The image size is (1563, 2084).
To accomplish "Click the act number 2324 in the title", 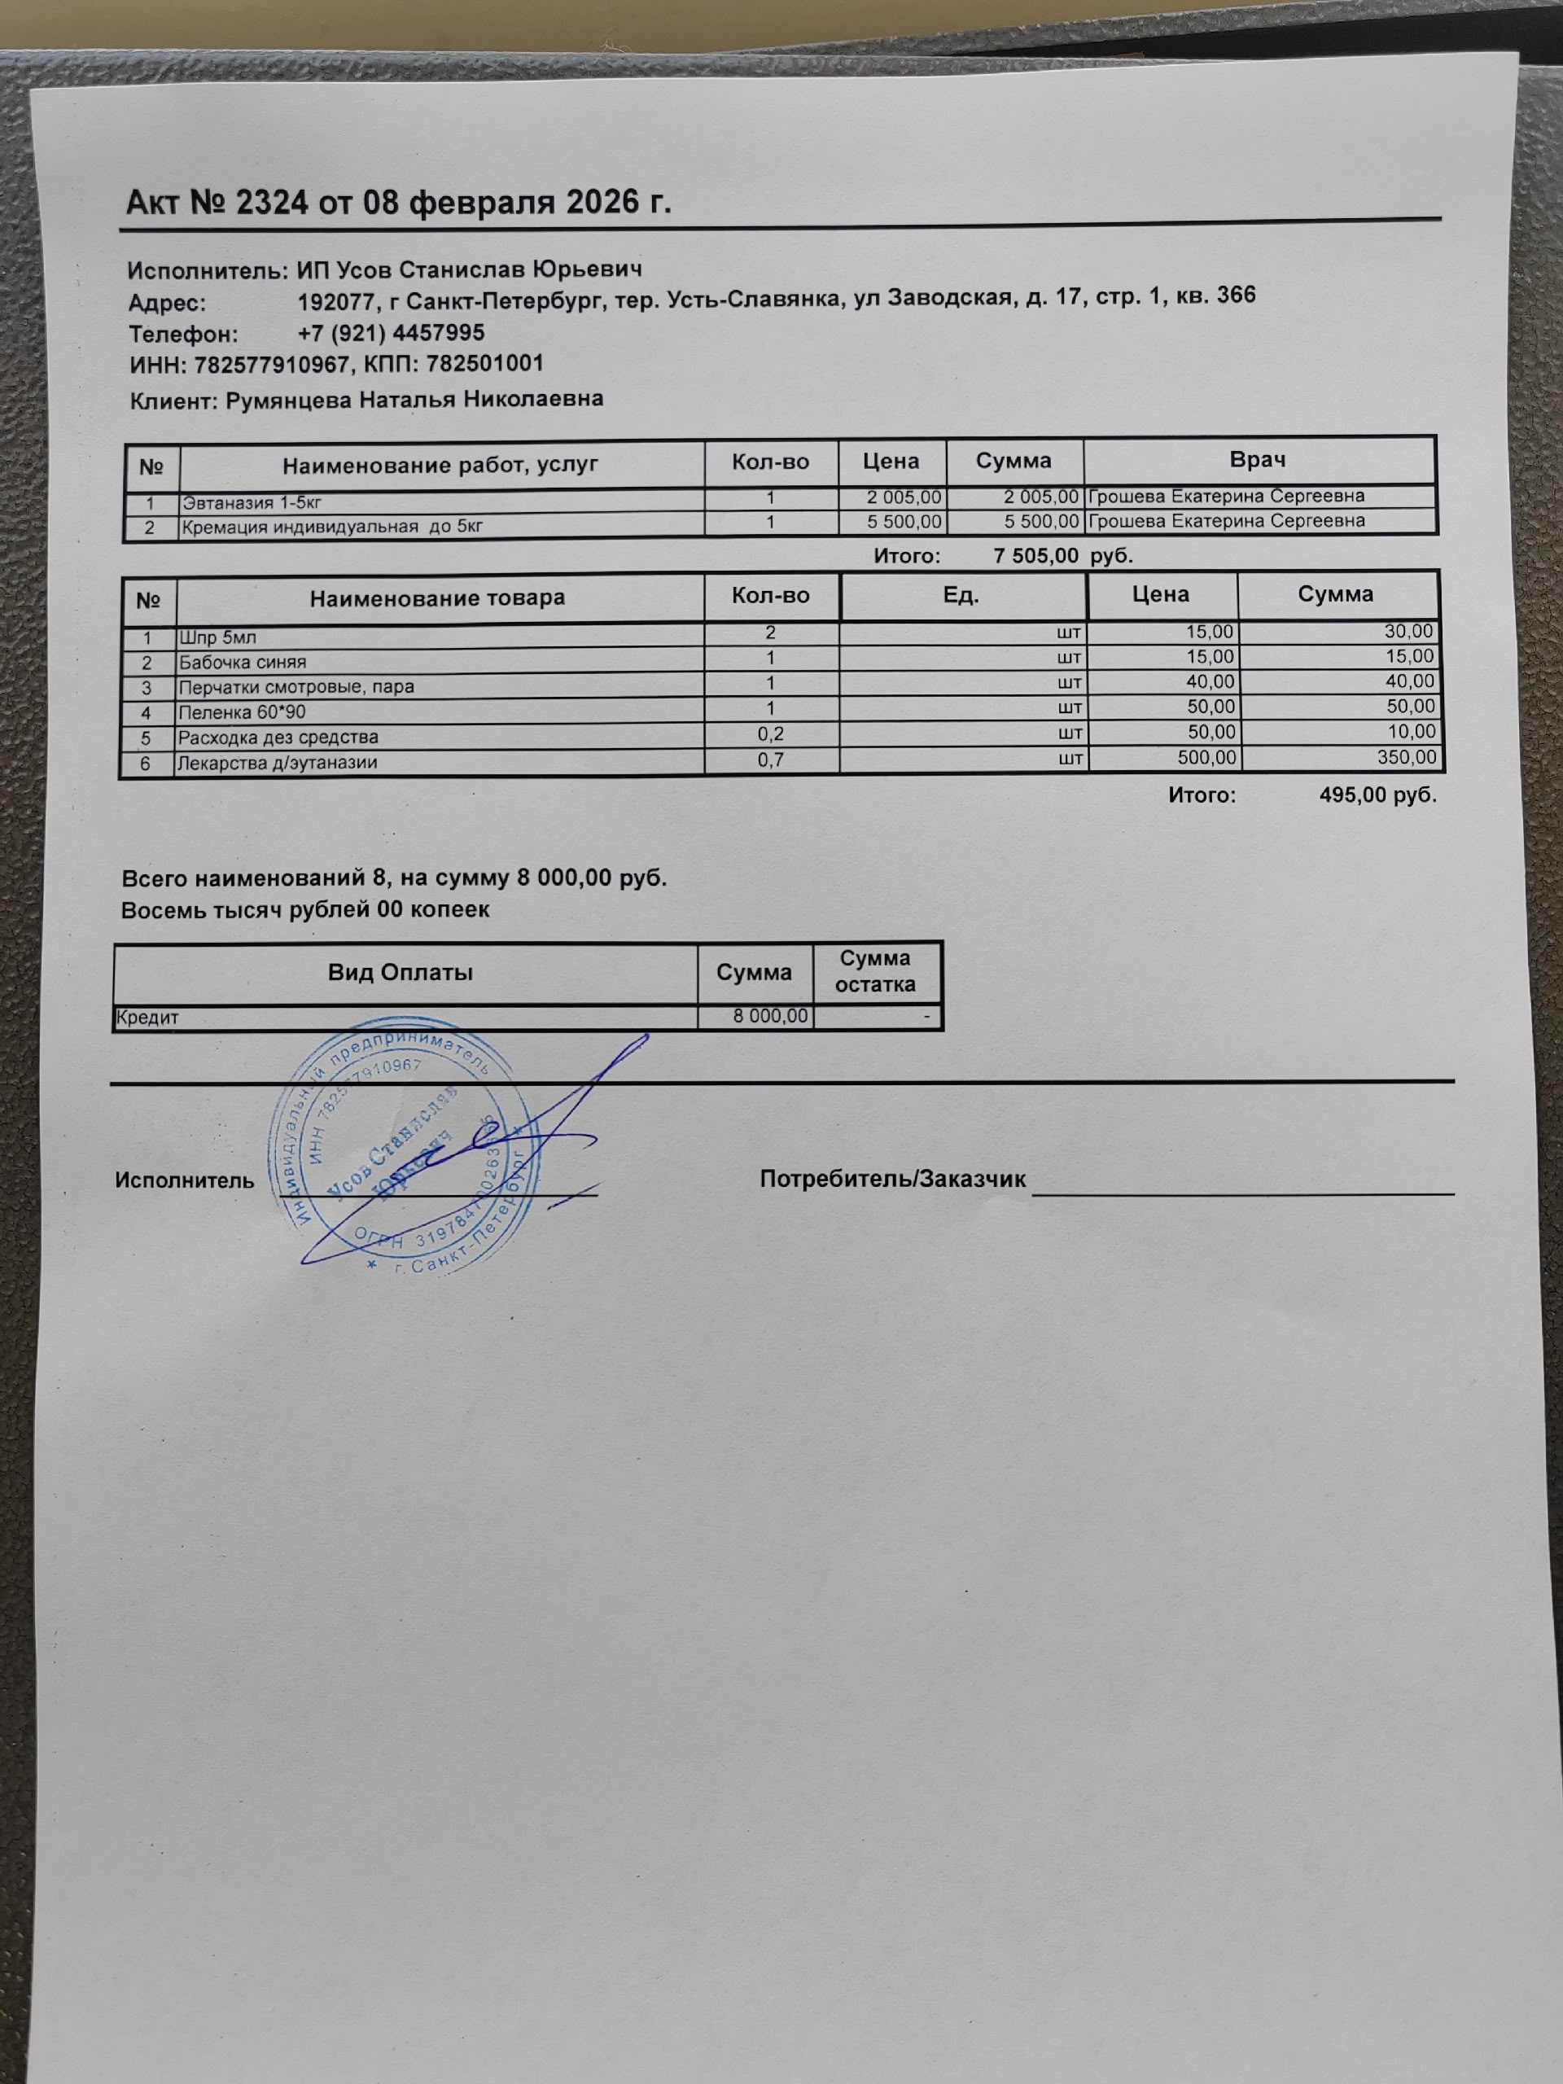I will tap(271, 202).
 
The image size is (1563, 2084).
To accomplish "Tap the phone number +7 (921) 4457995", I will tap(391, 333).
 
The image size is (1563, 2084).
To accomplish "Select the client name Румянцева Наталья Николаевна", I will tap(414, 400).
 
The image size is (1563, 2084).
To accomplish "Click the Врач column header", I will tap(1258, 460).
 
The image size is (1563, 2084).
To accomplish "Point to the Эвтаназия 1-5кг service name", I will tap(252, 502).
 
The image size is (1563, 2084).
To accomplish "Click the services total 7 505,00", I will tap(1035, 556).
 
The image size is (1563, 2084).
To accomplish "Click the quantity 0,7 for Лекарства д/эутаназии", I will tap(771, 760).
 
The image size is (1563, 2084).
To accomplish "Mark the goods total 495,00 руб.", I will tap(1377, 795).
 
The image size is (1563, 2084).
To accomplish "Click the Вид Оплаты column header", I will tap(401, 972).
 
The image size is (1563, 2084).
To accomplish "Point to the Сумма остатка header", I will tap(875, 971).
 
